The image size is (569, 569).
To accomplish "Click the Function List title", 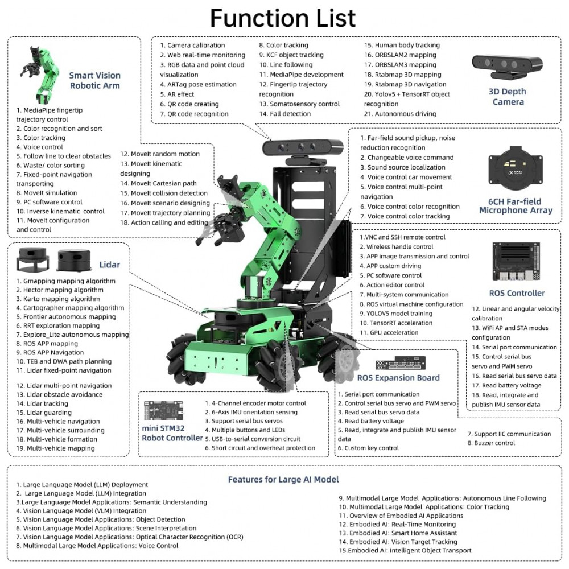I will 283,18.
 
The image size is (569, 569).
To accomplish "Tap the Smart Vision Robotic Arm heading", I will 94,80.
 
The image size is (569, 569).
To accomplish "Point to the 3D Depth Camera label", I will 508,97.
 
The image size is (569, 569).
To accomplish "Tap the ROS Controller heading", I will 517,294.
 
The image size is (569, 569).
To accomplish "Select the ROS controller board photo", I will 517,263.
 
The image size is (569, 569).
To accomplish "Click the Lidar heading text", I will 109,265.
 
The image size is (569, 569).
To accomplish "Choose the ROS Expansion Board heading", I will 398,378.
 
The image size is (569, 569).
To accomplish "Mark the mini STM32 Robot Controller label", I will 172,432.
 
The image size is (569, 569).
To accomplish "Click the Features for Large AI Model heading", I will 283,479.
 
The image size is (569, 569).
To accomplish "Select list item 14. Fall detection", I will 284,114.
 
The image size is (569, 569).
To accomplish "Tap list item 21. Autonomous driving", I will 400,114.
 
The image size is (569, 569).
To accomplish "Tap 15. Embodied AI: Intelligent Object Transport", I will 405,550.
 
